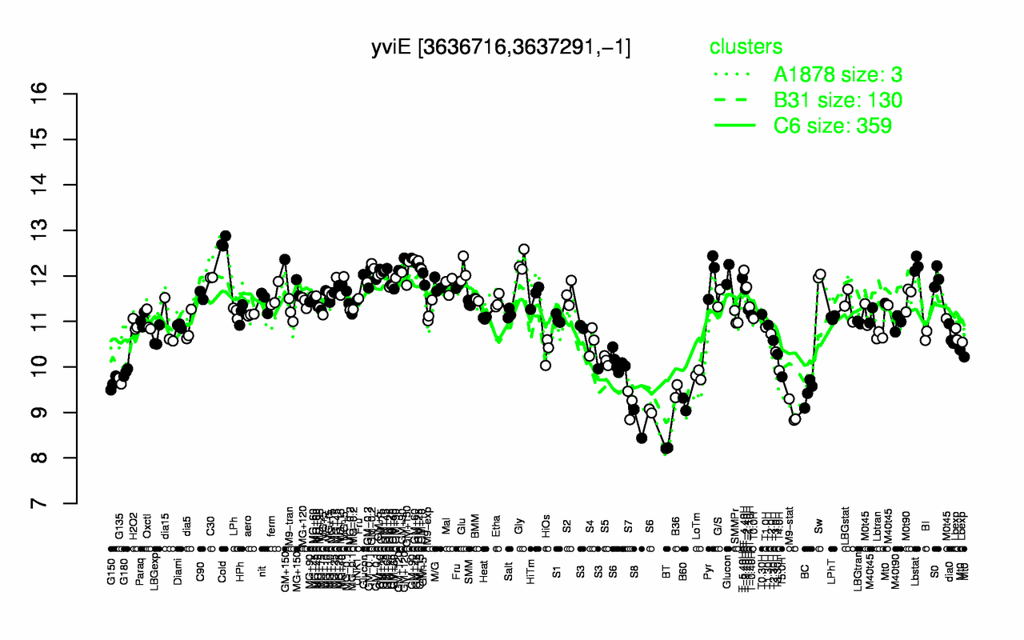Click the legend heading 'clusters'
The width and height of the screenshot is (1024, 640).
(746, 47)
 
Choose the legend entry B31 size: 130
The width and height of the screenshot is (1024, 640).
(838, 100)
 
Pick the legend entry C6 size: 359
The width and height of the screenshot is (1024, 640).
(833, 126)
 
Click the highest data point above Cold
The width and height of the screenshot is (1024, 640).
(226, 236)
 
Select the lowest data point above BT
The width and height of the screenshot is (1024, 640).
(668, 448)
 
